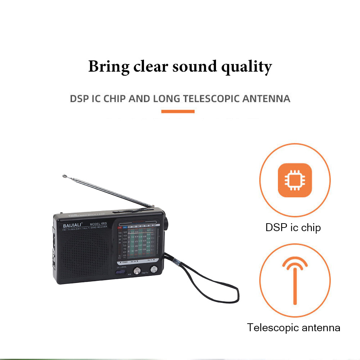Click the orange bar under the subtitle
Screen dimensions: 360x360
pyautogui.click(x=178, y=111)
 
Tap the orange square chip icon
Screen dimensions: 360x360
pyautogui.click(x=294, y=180)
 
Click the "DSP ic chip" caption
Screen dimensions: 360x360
pyautogui.click(x=293, y=227)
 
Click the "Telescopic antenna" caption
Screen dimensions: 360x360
pyautogui.click(x=293, y=328)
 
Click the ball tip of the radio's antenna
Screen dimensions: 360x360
pyautogui.click(x=64, y=176)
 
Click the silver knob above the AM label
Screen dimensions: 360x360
pyautogui.click(x=137, y=271)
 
